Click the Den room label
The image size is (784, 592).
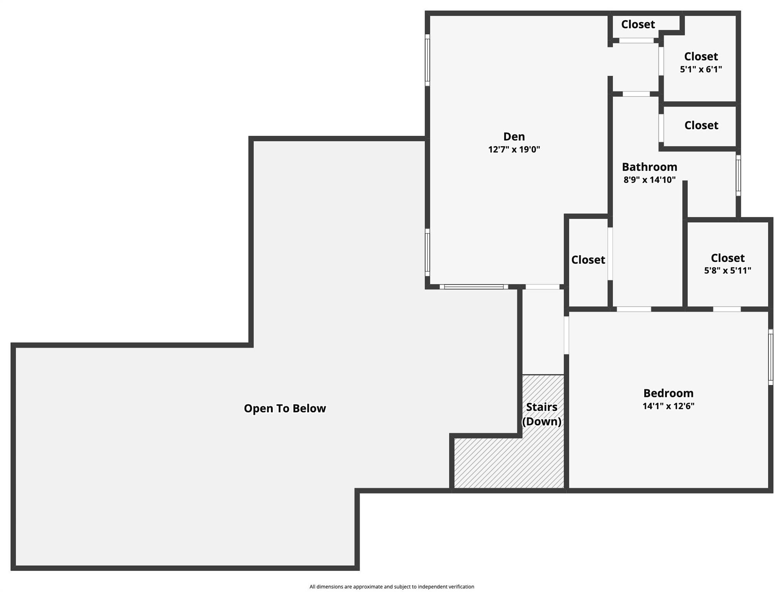coord(514,136)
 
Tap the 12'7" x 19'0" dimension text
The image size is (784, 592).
coord(514,150)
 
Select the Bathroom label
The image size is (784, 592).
coord(649,167)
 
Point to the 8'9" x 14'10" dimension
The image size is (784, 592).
coord(649,180)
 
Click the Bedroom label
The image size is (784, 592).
coord(668,393)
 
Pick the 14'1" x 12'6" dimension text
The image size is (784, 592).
coord(668,406)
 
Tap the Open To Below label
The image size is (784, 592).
coord(285,408)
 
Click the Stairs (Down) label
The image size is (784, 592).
coord(541,414)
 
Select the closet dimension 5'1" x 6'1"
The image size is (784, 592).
coord(700,69)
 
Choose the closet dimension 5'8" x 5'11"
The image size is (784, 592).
coord(727,271)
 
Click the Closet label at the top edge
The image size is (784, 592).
coord(638,24)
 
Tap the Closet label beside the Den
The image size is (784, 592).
coord(588,260)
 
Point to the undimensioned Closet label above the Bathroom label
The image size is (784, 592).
coord(701,125)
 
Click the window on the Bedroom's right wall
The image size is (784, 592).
coord(771,357)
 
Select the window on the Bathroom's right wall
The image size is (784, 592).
coord(738,175)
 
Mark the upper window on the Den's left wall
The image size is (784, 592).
coord(427,60)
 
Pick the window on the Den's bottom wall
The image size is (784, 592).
coord(473,287)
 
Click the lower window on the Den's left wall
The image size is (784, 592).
coord(427,252)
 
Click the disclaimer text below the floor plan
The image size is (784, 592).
coord(392,587)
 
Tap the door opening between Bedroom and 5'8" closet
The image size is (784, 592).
coord(727,309)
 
